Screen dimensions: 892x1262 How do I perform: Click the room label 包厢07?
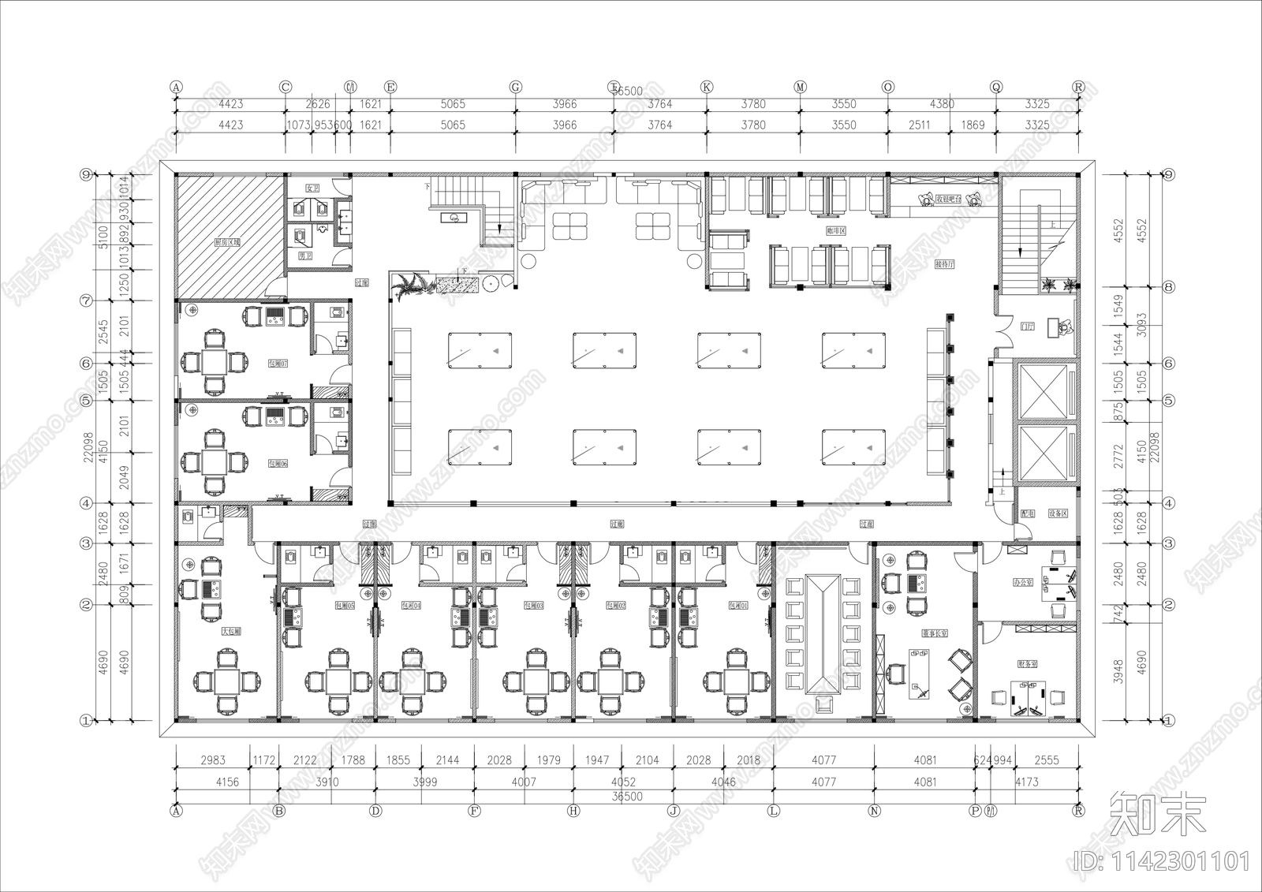(278, 364)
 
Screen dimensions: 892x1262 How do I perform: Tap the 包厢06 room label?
(278, 464)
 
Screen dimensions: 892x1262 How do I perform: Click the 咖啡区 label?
(835, 231)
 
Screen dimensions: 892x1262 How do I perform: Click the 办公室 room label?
(1023, 582)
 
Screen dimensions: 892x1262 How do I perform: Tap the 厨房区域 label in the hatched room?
(227, 243)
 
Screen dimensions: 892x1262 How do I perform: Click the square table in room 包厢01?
(735, 680)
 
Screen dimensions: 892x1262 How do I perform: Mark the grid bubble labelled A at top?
(176, 87)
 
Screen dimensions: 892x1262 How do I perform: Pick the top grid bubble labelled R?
(1078, 87)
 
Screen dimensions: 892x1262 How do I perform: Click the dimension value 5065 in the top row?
(453, 103)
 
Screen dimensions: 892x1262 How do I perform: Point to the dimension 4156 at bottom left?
(226, 782)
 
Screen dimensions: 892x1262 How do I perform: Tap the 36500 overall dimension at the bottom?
(627, 796)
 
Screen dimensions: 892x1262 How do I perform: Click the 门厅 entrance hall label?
(1027, 325)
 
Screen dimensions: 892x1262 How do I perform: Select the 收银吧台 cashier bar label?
(948, 200)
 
